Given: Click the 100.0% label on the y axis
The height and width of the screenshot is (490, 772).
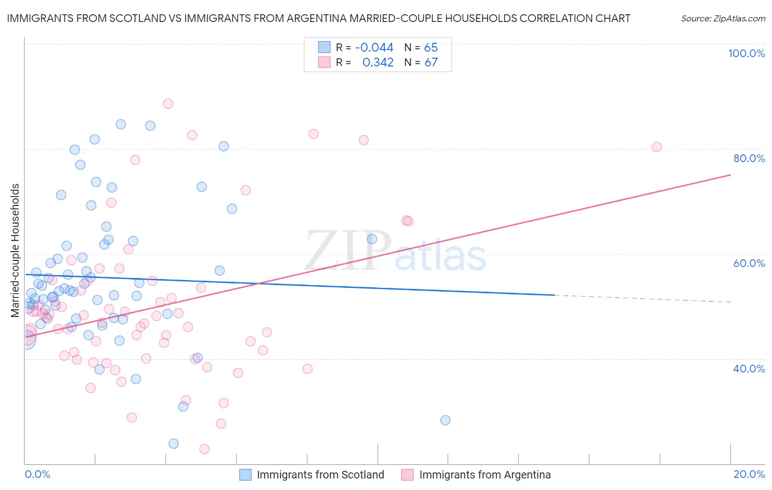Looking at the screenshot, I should (x=746, y=53).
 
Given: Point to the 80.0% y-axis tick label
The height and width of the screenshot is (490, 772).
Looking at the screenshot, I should (x=749, y=158).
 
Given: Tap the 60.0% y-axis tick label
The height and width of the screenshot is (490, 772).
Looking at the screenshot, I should (x=749, y=263).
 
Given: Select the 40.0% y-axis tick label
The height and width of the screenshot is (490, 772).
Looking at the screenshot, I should (x=749, y=369).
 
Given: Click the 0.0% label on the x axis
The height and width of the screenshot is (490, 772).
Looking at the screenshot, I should (x=37, y=474).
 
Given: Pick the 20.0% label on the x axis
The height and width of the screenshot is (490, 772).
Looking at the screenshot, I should (x=749, y=474).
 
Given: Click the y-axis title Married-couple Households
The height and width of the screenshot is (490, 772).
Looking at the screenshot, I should (x=15, y=250).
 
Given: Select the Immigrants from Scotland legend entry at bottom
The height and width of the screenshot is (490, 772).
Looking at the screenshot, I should (x=320, y=475).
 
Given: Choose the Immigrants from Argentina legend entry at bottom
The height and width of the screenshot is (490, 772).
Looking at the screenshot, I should (x=484, y=475).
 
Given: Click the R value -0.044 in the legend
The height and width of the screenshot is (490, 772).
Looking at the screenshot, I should (x=374, y=47).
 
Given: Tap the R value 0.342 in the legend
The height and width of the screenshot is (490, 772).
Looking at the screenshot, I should (x=378, y=63).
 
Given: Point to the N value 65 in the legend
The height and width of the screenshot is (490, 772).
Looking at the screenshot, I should (x=431, y=47).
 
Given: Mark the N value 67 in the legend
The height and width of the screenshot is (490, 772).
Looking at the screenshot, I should (x=431, y=63).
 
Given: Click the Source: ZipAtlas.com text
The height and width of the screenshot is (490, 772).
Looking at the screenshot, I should (x=723, y=19).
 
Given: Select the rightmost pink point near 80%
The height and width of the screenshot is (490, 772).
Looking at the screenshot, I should (x=657, y=147).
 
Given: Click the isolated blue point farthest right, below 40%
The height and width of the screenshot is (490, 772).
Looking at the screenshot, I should (x=445, y=420).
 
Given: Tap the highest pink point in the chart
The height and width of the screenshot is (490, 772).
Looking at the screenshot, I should (x=168, y=104).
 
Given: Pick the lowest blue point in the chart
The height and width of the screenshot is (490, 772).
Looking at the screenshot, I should (x=174, y=443).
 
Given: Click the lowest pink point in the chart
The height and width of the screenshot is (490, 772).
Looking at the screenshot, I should (x=204, y=449).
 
